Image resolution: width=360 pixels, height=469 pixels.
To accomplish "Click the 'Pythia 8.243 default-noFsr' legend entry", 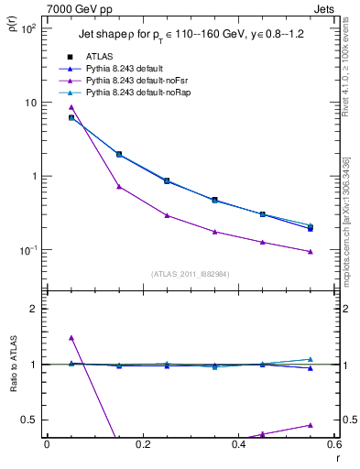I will click(140, 81).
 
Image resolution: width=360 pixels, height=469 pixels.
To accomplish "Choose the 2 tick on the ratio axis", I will click(32, 309).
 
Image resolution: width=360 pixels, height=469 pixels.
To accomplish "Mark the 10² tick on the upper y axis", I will click(27, 28).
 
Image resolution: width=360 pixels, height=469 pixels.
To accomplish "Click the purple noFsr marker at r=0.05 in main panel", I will click(71, 107).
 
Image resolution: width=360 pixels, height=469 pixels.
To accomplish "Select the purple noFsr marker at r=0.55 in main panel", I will click(311, 251).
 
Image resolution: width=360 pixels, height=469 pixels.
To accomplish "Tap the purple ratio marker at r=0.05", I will click(71, 338).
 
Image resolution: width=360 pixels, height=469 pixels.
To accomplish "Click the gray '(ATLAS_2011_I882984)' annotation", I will click(190, 273).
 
